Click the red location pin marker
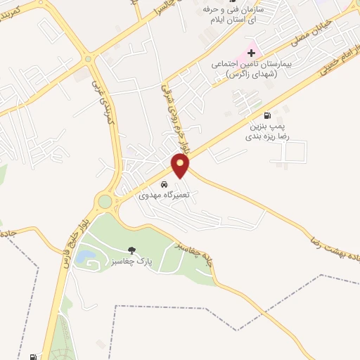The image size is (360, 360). coord(181,165)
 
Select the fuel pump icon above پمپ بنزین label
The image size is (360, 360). coord(266,115)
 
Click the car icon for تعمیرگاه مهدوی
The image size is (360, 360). coord(164,184)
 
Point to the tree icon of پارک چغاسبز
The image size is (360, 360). coord(131,250)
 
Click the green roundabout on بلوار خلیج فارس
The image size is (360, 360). coord(105,202)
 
